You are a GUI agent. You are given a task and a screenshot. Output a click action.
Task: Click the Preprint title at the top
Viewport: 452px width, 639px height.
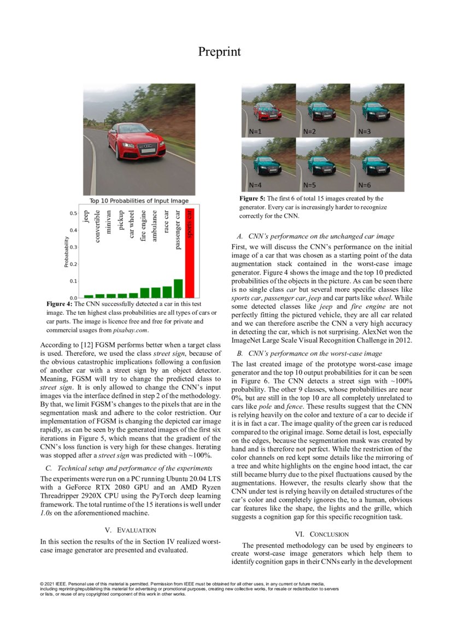[x=219, y=52]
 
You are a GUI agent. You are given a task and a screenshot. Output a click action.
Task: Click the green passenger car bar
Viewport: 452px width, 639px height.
[x=178, y=288]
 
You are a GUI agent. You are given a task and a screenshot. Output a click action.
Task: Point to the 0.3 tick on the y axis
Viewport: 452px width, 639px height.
[x=73, y=247]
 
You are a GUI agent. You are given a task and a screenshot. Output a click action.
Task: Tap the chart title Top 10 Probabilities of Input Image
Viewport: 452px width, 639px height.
[x=139, y=201]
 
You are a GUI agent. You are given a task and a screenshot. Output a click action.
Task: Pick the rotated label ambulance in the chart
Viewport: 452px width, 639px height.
[x=155, y=222]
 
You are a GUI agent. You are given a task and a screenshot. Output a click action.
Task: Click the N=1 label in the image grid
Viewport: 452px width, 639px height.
[x=256, y=132]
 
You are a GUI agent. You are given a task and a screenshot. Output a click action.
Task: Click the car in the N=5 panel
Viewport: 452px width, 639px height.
[x=321, y=162]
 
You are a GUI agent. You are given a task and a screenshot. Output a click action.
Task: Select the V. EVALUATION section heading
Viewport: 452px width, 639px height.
[x=131, y=530]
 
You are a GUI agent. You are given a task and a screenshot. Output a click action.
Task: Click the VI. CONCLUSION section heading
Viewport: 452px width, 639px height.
[x=321, y=534]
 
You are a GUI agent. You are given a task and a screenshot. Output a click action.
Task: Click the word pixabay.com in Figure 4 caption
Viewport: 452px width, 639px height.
[x=131, y=330]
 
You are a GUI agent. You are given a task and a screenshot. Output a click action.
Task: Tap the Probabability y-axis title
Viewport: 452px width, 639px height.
[x=67, y=252]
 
